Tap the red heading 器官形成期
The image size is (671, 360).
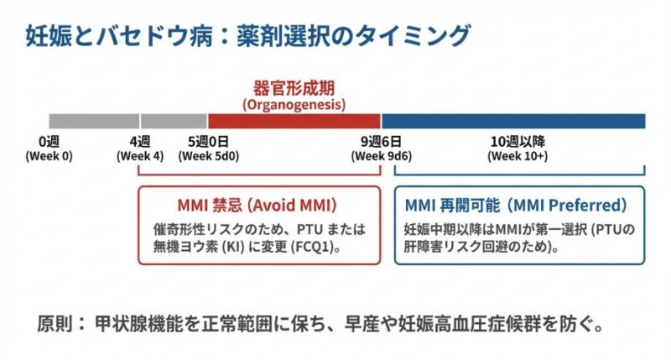(294, 88)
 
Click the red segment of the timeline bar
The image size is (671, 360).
(294, 121)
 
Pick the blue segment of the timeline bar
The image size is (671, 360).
(513, 121)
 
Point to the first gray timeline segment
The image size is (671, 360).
(93, 121)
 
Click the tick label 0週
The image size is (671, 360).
(49, 141)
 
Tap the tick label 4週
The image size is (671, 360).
(140, 141)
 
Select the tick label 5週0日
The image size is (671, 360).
(207, 141)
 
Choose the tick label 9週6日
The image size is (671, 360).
(381, 141)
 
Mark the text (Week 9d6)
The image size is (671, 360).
(382, 156)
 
